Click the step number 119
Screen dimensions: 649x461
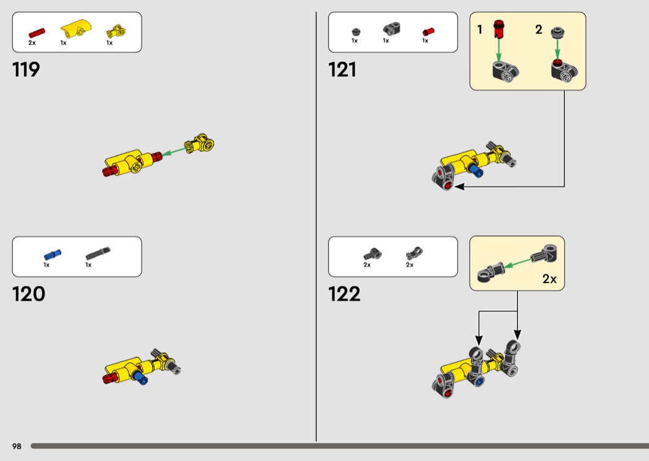[x=26, y=69]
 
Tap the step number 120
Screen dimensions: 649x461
[x=28, y=294]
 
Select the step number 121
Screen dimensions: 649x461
[x=342, y=69]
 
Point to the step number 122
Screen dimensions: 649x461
[x=344, y=294]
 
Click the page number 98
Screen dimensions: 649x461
[x=17, y=446]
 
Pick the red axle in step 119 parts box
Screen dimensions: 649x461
[x=36, y=33]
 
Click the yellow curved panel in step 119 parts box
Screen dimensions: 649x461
[x=75, y=28]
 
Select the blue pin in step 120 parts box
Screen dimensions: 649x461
[x=53, y=255]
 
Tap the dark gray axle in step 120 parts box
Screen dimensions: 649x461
[x=98, y=253]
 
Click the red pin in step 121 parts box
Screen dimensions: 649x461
[x=428, y=32]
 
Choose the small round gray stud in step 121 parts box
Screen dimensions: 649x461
[x=356, y=32]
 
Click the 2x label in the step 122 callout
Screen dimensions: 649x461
[x=549, y=279]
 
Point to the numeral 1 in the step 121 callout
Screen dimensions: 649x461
[x=480, y=30]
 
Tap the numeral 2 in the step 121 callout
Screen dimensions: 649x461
[x=538, y=30]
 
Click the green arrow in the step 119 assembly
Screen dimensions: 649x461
[x=174, y=151]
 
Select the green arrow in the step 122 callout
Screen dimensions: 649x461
[x=517, y=263]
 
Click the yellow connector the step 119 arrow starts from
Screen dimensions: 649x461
[x=200, y=143]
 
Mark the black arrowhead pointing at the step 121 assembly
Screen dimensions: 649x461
[x=459, y=187]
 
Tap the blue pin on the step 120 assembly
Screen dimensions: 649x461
[x=140, y=377]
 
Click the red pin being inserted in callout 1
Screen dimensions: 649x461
[x=499, y=28]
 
